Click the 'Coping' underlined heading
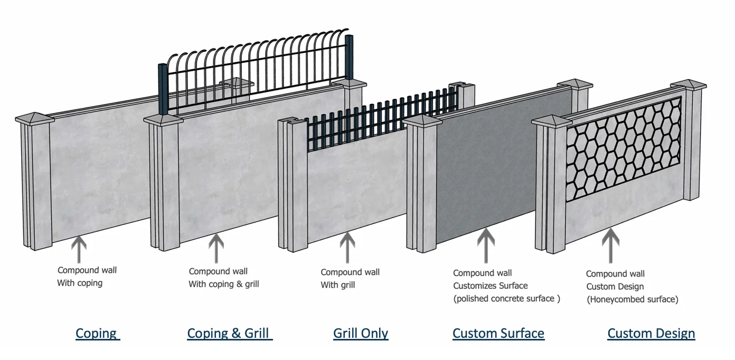point(98,334)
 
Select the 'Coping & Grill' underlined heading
point(230,334)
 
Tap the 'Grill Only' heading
point(361,334)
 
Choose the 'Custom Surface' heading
point(498,334)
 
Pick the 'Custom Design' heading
point(651,334)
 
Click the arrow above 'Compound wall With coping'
point(79,249)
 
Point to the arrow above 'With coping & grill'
point(216,249)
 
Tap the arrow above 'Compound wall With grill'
point(347,248)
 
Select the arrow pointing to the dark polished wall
point(486,246)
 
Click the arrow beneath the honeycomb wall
point(610,246)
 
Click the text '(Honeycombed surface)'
point(632,299)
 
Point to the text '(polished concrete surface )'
point(506,299)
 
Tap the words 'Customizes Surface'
point(490,286)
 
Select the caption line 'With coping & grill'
point(224,284)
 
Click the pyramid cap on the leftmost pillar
point(35,118)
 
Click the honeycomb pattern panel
point(624,149)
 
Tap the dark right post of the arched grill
point(349,58)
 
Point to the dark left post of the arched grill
point(163,89)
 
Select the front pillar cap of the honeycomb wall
point(552,121)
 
